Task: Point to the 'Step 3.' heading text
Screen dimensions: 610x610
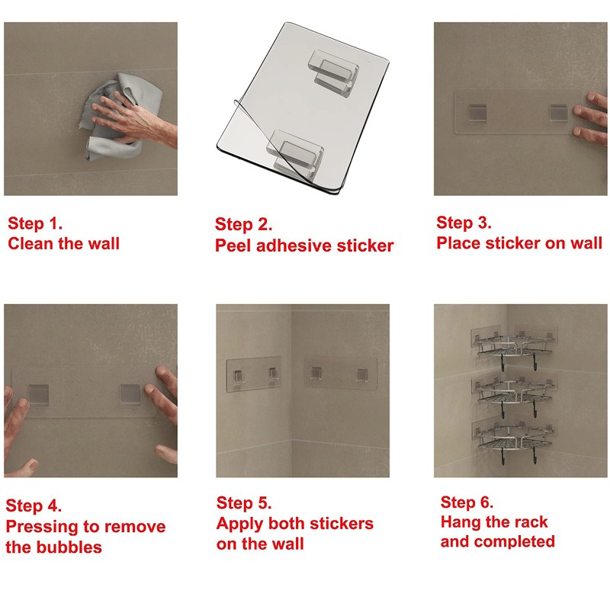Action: tap(464, 223)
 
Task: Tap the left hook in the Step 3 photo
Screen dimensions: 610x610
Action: tap(477, 111)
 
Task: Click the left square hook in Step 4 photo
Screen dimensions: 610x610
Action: tap(39, 393)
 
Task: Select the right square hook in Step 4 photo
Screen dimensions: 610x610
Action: tap(130, 393)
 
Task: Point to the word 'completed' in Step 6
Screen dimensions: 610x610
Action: tap(514, 542)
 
